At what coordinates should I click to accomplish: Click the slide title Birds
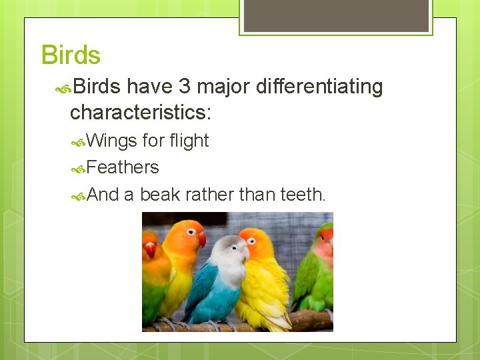(x=71, y=55)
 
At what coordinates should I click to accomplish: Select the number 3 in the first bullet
(x=185, y=87)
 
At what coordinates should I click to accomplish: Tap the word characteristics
(x=140, y=112)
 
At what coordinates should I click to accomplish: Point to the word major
(x=223, y=87)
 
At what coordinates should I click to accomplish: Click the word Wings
(x=111, y=141)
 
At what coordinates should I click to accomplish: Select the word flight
(x=189, y=141)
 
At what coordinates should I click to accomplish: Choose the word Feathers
(x=123, y=167)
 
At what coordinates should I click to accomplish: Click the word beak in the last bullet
(x=160, y=194)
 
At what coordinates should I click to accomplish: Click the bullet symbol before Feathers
(x=78, y=168)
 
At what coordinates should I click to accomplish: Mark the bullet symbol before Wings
(x=78, y=141)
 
